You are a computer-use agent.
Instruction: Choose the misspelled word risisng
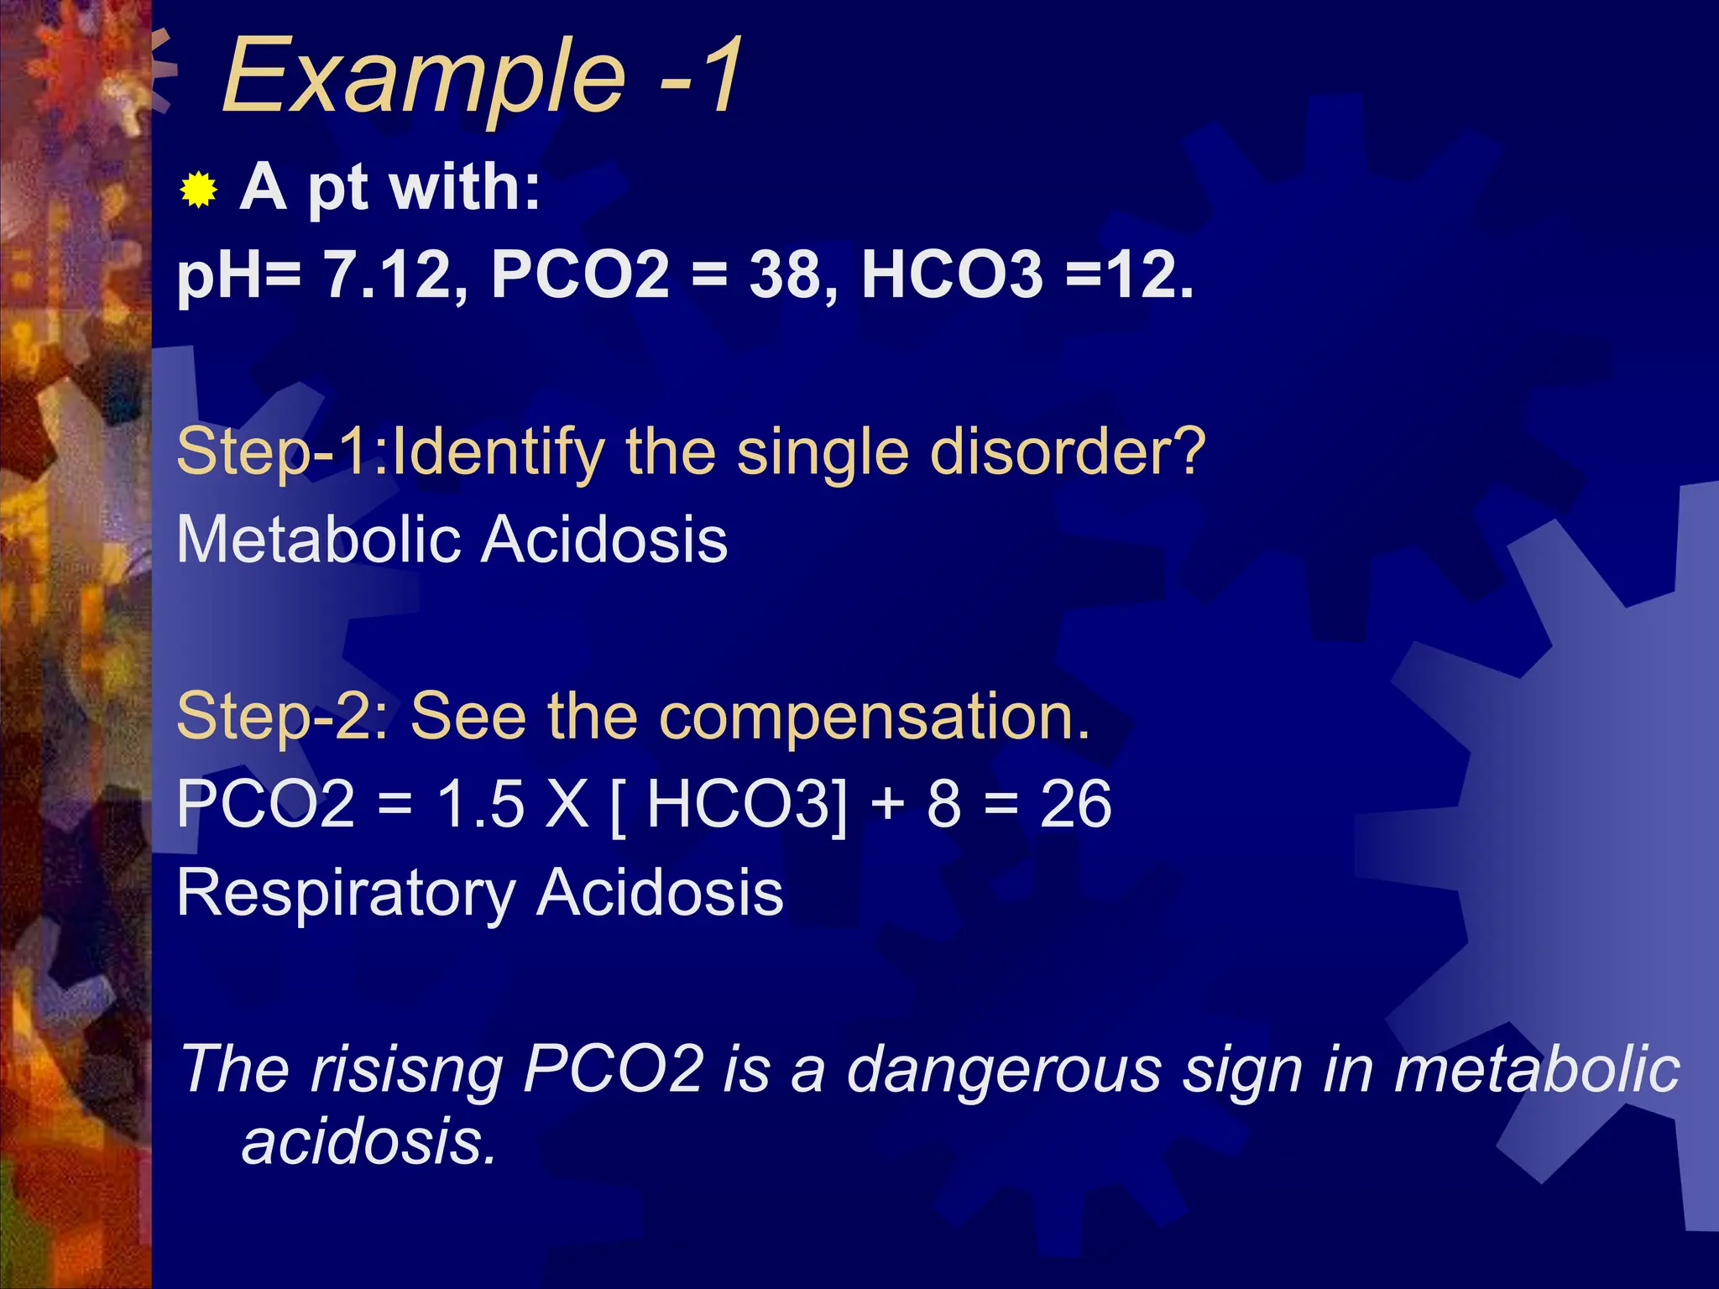[x=406, y=1071]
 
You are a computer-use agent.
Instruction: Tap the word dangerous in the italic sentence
[x=1003, y=1071]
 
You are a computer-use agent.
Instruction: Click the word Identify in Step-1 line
[x=499, y=453]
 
